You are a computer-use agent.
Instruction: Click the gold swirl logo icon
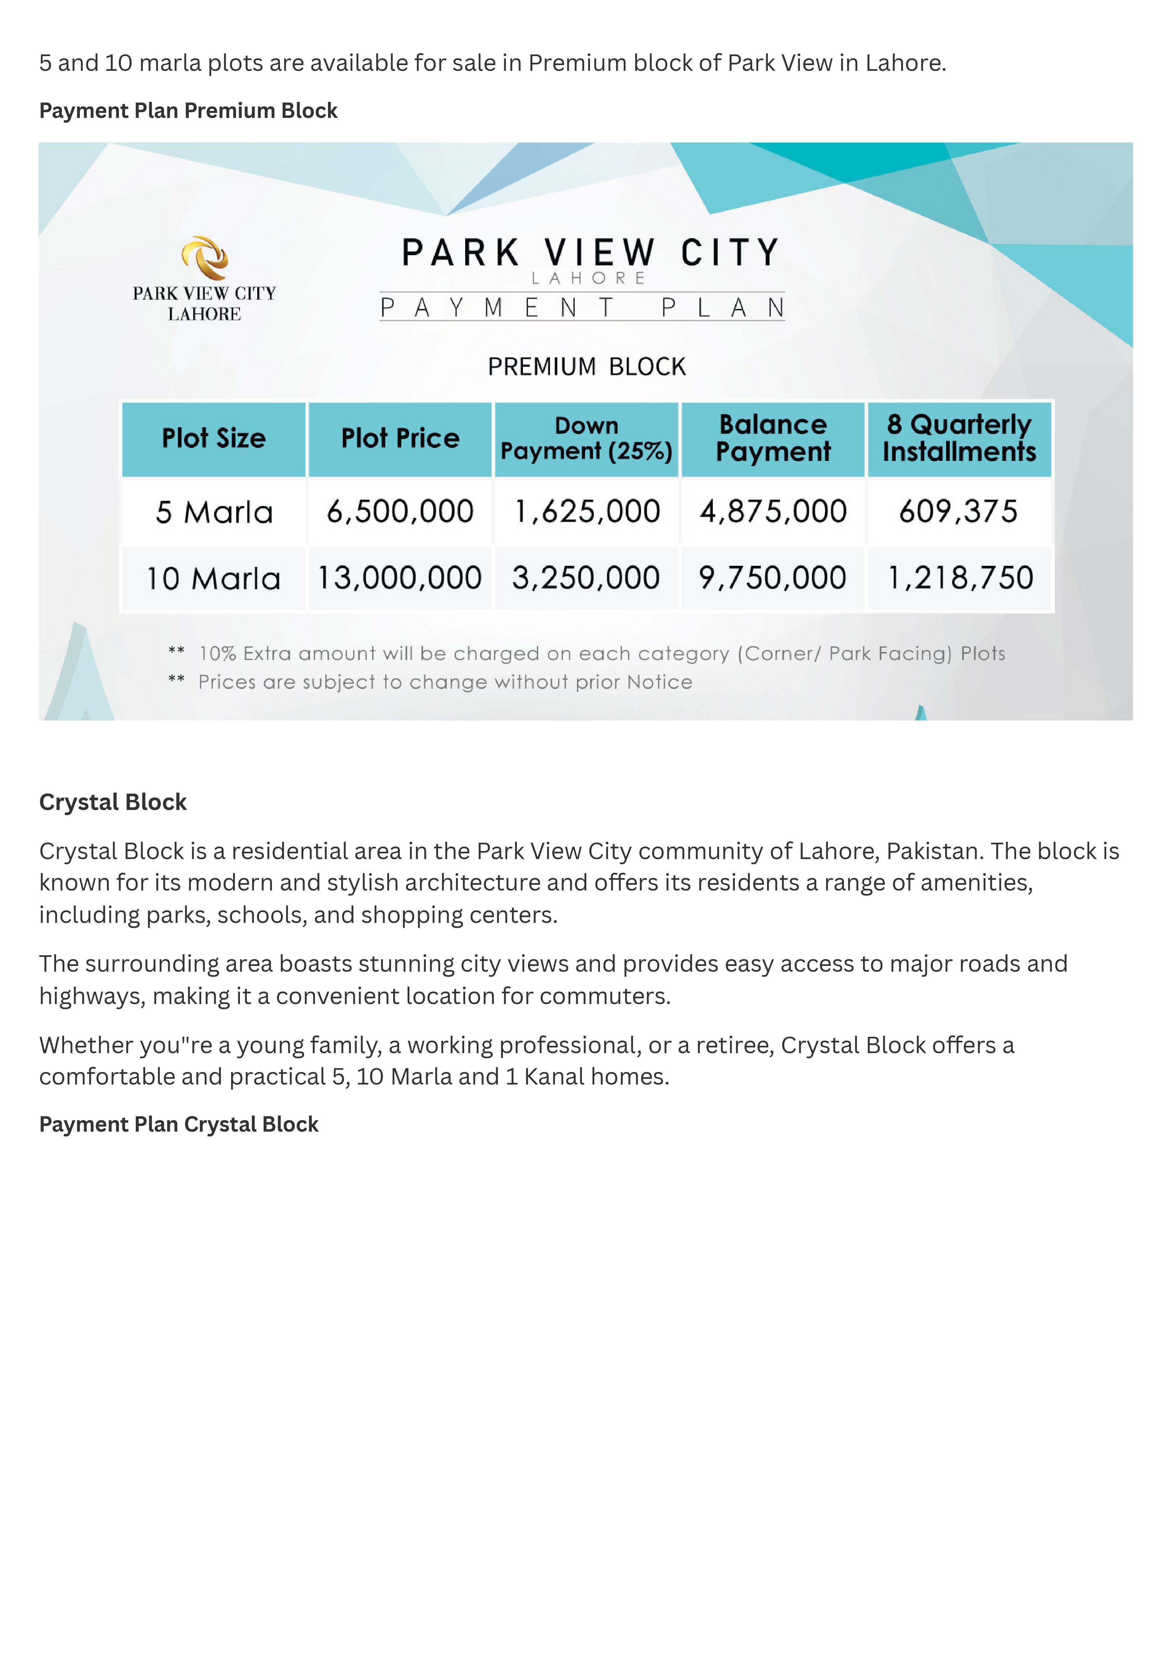(x=205, y=258)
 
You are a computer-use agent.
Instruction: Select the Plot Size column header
(x=214, y=439)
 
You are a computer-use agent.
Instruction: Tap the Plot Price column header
(x=400, y=439)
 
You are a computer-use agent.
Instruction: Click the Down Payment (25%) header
(x=586, y=439)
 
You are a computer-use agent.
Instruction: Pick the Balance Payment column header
(x=773, y=439)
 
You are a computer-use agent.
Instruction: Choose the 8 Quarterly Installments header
(x=959, y=439)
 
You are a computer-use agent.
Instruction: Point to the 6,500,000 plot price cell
(x=400, y=512)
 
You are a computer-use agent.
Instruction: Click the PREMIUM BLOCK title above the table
(x=586, y=366)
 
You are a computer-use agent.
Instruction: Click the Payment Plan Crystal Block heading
(x=179, y=1124)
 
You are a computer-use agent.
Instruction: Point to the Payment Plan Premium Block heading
(x=188, y=111)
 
